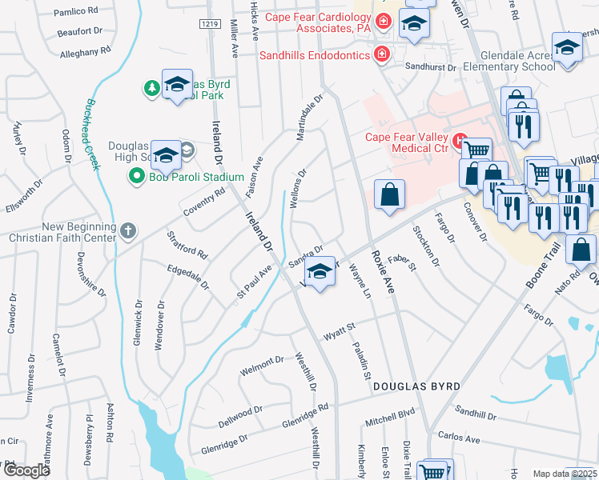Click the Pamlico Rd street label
click(x=76, y=13)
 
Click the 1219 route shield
click(x=210, y=25)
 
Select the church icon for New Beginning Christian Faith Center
click(x=128, y=232)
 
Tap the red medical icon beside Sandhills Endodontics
click(x=382, y=54)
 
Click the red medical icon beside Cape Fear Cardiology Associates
click(x=384, y=20)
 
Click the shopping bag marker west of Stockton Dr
click(x=389, y=195)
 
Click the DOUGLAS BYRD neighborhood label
click(x=416, y=387)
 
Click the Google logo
click(x=26, y=470)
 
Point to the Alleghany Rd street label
click(x=85, y=52)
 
